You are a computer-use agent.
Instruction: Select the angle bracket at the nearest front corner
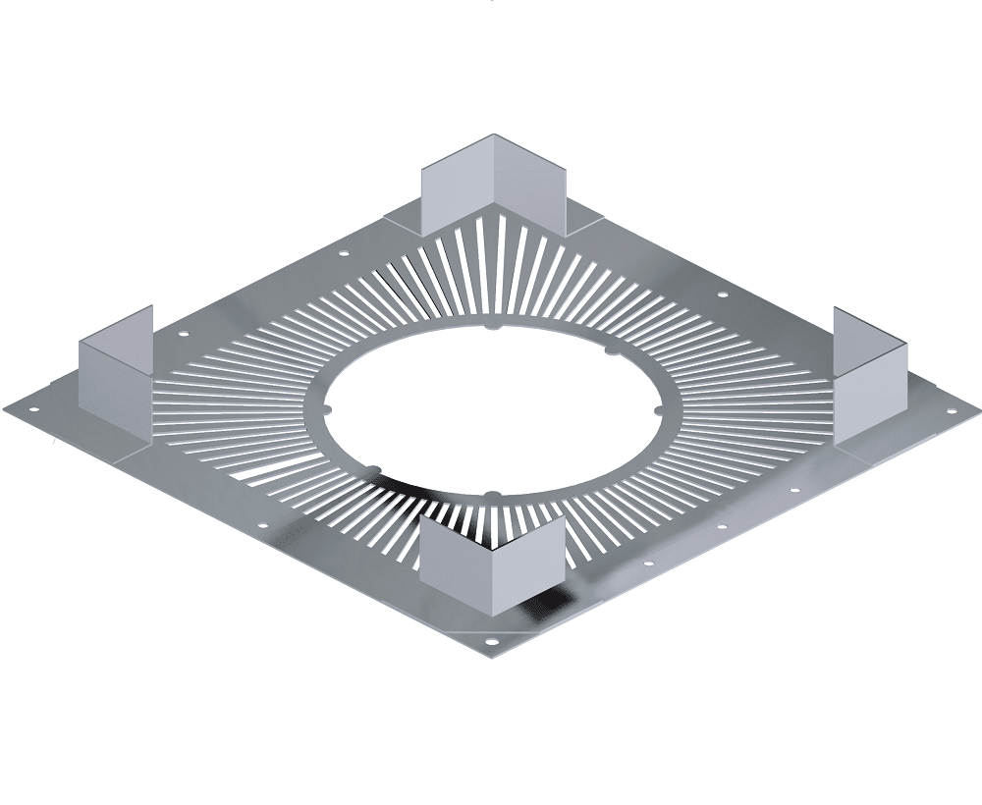click(491, 560)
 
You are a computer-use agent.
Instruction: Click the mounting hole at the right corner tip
click(950, 404)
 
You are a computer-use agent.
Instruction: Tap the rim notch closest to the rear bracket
click(488, 325)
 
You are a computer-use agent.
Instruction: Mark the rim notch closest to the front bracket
click(491, 493)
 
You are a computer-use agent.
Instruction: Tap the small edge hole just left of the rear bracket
click(343, 254)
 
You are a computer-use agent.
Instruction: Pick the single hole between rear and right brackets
click(722, 294)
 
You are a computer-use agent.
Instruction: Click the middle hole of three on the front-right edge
click(721, 526)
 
